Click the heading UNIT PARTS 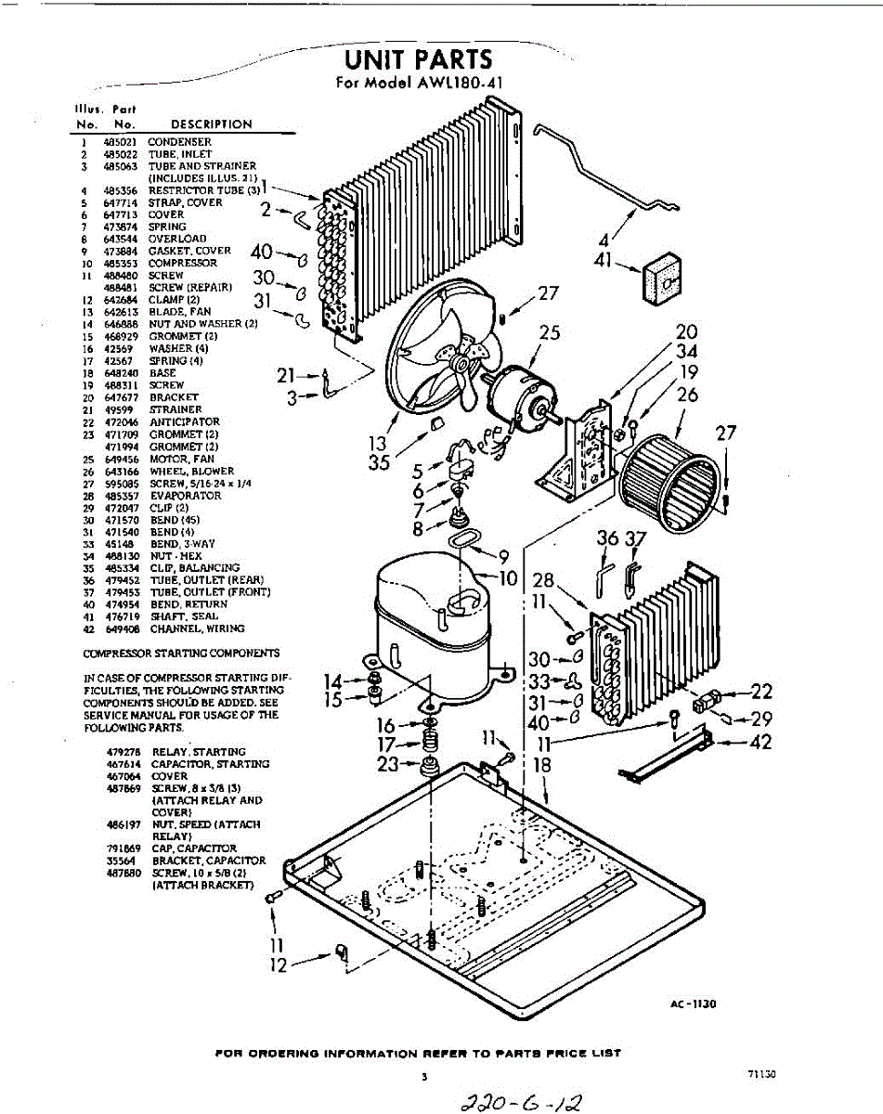418,59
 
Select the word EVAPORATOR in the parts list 185,496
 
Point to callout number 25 550,331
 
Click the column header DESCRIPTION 211,123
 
